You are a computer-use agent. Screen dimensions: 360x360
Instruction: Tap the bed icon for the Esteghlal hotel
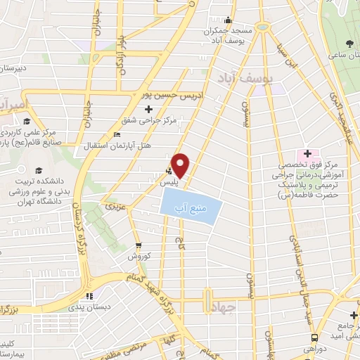[x=117, y=134]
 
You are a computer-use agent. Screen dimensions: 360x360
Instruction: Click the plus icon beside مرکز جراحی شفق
[x=148, y=109]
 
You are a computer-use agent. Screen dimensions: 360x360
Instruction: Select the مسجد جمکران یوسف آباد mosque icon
[x=227, y=20]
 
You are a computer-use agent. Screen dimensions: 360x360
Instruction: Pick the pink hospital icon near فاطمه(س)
[x=307, y=153]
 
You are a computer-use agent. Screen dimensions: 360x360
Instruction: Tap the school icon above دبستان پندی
[x=89, y=295]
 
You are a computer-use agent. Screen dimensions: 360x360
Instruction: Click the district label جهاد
[x=230, y=306]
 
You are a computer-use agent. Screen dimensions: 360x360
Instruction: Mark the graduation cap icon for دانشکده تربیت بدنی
[x=37, y=170]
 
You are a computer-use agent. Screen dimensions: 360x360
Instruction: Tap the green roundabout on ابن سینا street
[x=264, y=26]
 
